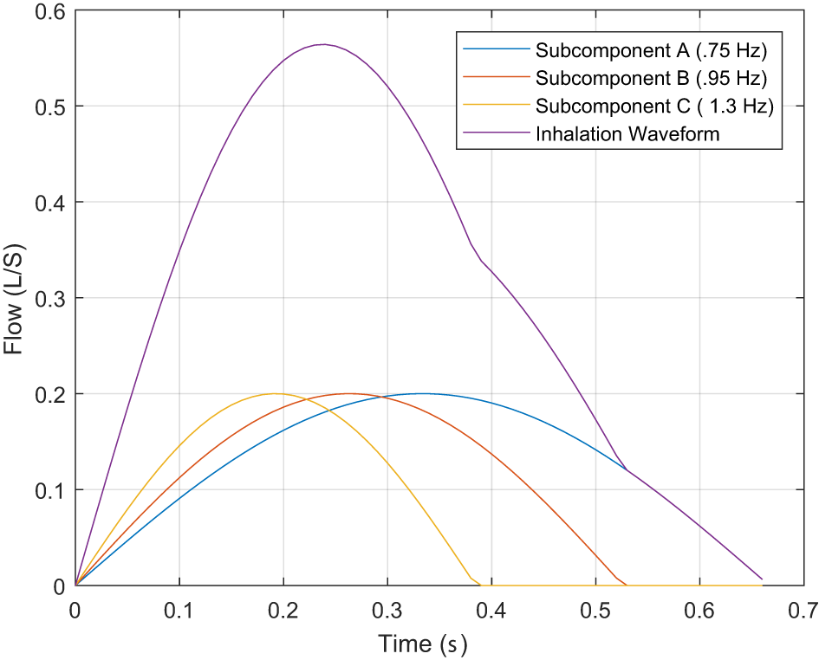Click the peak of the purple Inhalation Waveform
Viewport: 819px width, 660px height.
(x=323, y=44)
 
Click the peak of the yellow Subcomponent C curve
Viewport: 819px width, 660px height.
(x=276, y=393)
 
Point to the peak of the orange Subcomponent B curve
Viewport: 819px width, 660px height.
(x=348, y=393)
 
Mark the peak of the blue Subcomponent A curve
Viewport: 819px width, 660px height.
(x=421, y=393)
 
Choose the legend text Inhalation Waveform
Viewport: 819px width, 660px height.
(x=627, y=134)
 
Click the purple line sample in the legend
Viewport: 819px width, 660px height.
(x=497, y=134)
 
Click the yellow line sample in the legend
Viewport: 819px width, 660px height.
(x=497, y=106)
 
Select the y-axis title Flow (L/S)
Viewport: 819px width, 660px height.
(x=14, y=299)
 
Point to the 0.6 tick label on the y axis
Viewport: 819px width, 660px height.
(x=52, y=10)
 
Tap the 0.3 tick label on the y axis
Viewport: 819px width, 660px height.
(x=52, y=298)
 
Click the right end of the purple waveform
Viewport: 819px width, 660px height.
(x=762, y=579)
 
